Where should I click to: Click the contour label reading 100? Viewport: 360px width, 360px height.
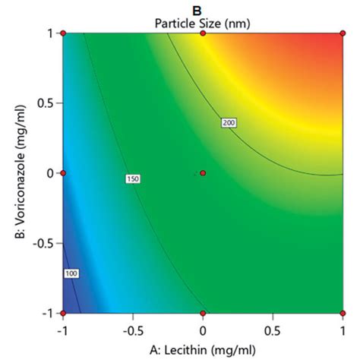point(72,273)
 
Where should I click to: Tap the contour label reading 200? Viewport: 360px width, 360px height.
point(228,122)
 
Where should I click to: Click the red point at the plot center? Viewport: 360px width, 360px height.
point(203,173)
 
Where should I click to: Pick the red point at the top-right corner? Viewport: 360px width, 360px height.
point(342,33)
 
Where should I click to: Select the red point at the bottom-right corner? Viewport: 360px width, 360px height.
point(342,313)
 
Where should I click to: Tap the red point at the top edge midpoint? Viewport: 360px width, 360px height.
point(203,33)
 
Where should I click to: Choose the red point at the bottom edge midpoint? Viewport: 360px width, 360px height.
point(203,313)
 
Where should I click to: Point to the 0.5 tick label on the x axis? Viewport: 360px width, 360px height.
point(272,331)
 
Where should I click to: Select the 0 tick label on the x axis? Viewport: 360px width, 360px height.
point(203,331)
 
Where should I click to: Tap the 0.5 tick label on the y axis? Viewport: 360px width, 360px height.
point(46,103)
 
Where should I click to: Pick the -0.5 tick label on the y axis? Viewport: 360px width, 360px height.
point(44,243)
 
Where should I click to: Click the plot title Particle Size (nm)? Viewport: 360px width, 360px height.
point(202,23)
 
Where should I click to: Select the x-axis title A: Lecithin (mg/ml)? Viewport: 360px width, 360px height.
point(202,349)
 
